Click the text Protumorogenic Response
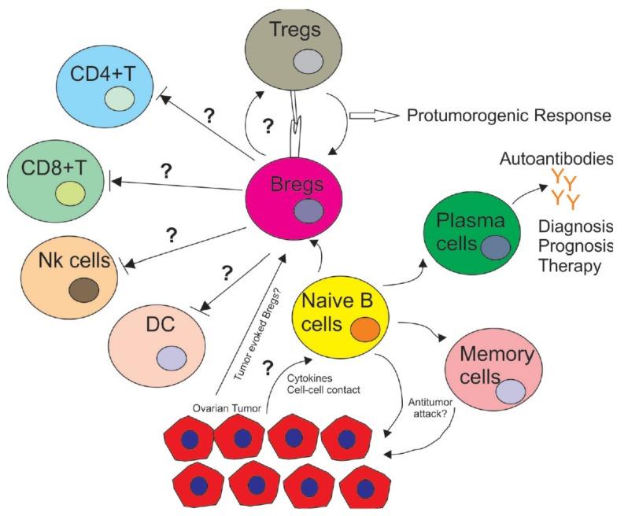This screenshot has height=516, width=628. pyautogui.click(x=508, y=116)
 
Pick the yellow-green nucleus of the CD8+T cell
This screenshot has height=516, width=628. pyautogui.click(x=68, y=193)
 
